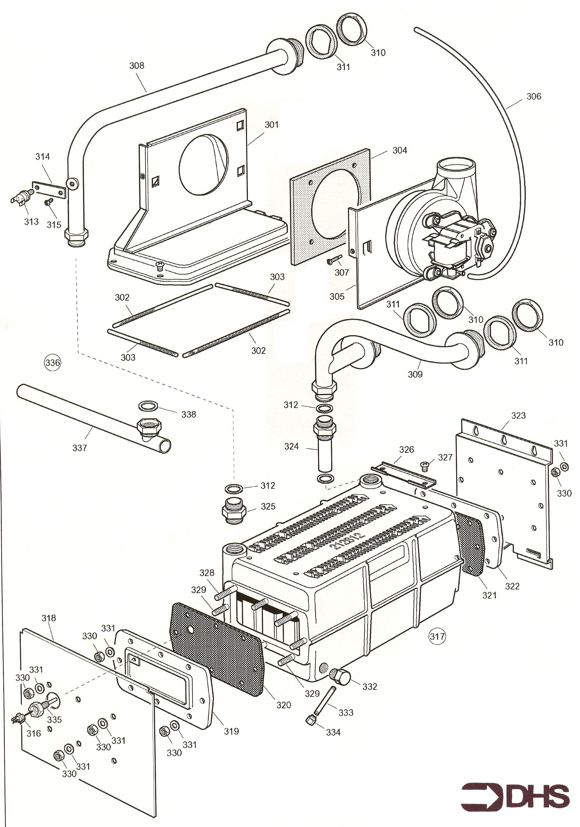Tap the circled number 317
(x=437, y=636)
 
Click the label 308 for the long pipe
(x=137, y=65)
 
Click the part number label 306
(x=534, y=96)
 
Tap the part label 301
(x=271, y=125)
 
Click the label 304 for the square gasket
(x=400, y=150)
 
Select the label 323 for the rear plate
(x=518, y=415)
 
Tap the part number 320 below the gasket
(x=283, y=705)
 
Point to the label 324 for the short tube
(x=291, y=446)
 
